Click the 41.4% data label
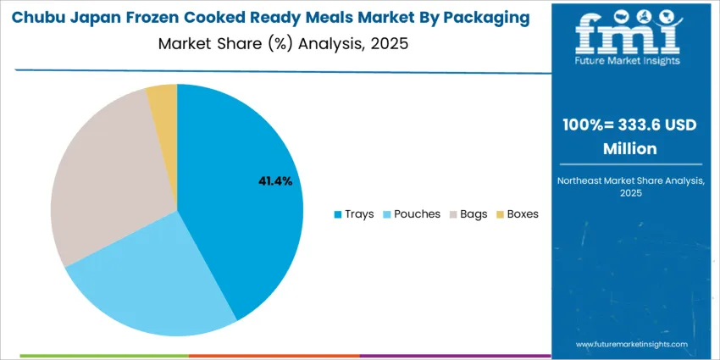click(275, 180)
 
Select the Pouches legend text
click(417, 214)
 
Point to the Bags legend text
click(474, 214)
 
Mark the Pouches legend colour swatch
click(386, 214)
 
